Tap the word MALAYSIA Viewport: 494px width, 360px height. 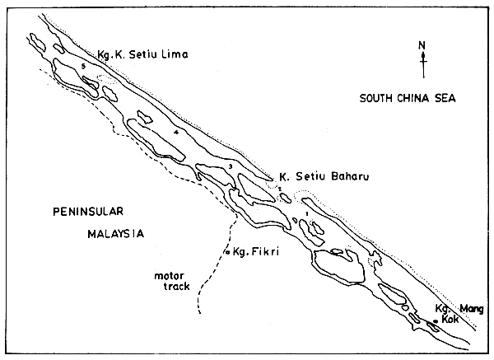click(115, 233)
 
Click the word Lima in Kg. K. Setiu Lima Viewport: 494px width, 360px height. click(176, 54)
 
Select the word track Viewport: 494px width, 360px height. click(177, 288)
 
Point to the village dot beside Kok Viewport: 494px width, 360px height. click(436, 321)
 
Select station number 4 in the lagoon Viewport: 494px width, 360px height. click(176, 132)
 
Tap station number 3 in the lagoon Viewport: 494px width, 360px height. click(231, 166)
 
